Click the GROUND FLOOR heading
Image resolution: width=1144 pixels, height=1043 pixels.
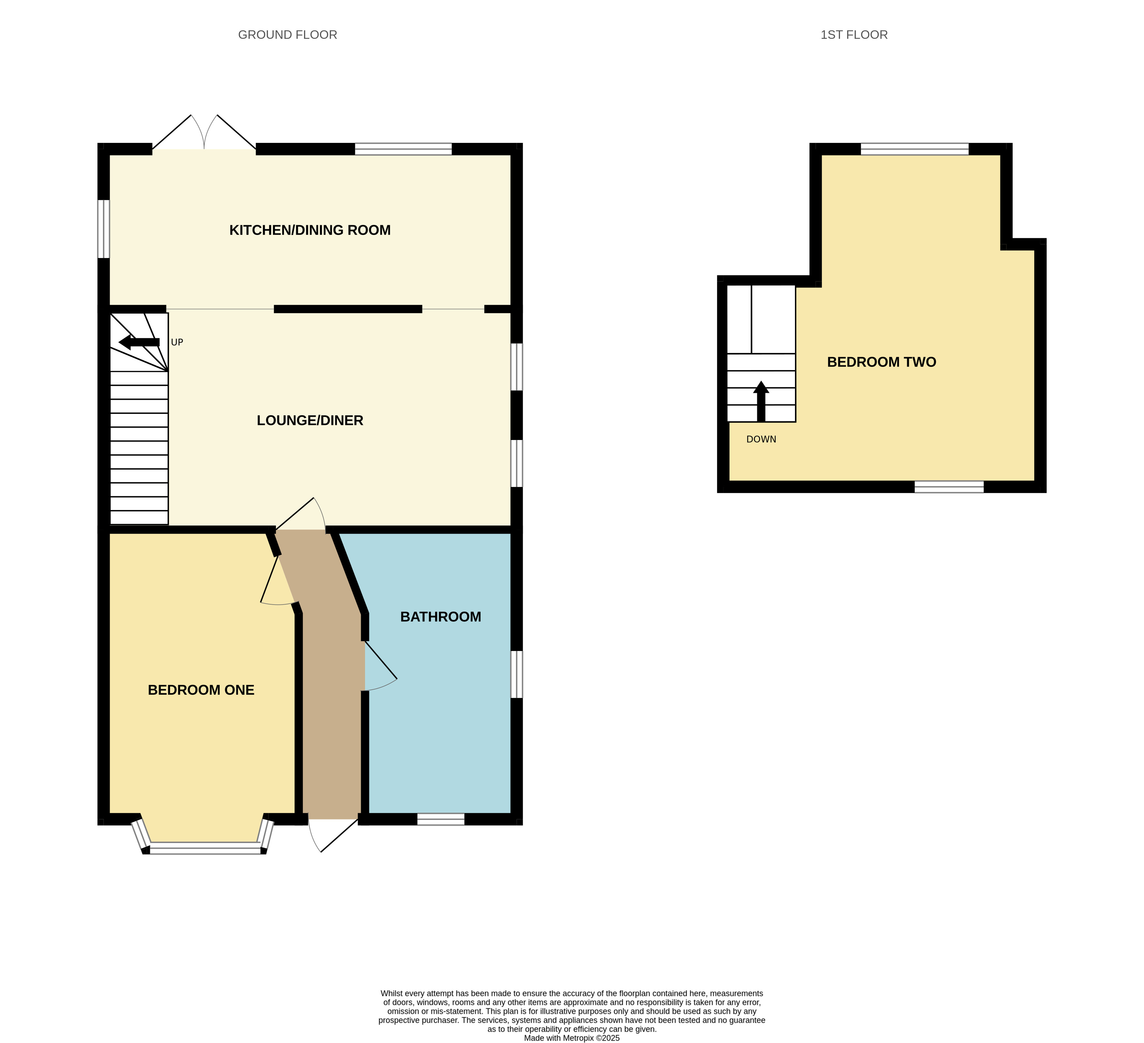pos(288,35)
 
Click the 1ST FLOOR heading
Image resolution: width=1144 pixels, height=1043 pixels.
pos(854,35)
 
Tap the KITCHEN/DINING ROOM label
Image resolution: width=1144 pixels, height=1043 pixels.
pos(310,230)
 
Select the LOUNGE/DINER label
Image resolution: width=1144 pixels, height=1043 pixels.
pos(310,420)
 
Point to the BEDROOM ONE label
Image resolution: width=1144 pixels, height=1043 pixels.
pos(201,689)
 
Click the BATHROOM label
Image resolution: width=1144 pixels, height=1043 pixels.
pos(440,616)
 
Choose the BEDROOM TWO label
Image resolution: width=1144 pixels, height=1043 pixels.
pos(881,361)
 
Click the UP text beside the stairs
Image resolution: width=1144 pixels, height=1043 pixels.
pos(177,342)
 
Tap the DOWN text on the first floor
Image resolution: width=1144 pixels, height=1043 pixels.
pos(761,439)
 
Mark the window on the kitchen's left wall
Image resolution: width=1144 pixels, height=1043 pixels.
pos(103,229)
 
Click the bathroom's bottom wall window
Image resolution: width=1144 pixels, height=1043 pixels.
pos(441,819)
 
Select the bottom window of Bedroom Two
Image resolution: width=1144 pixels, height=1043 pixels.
pos(949,486)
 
